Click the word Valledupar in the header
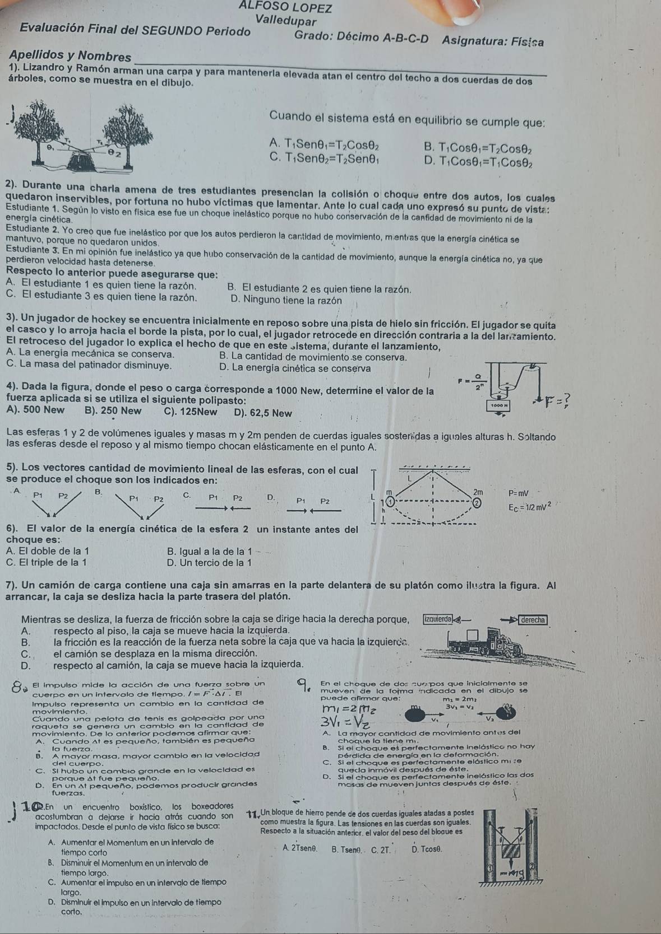(x=285, y=21)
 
